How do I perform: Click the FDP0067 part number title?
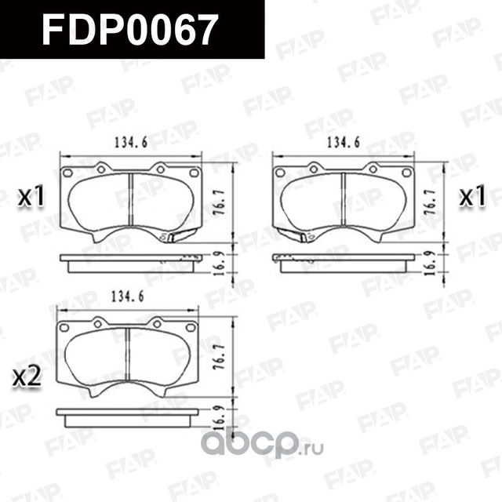(129, 30)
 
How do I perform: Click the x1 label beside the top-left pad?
(31, 198)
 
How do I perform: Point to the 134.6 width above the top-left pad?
(122, 143)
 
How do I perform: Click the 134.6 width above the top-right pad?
(342, 143)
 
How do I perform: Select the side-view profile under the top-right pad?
(343, 263)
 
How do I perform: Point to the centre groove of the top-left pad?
(131, 201)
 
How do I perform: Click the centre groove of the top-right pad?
(343, 201)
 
